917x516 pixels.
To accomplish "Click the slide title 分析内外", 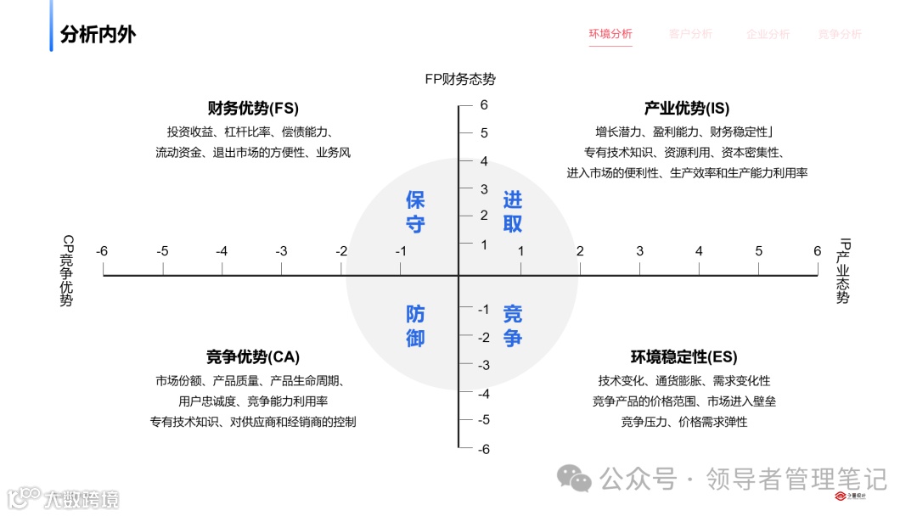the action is pyautogui.click(x=98, y=35).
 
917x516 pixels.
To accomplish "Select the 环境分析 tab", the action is pyautogui.click(x=610, y=34).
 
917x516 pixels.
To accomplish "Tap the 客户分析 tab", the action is pyautogui.click(x=690, y=34).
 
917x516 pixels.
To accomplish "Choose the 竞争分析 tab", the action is pyautogui.click(x=840, y=34).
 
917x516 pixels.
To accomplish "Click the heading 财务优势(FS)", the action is pyautogui.click(x=253, y=109).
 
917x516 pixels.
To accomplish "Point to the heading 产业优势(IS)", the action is pyautogui.click(x=687, y=109).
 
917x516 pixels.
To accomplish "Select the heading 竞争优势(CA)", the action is pyautogui.click(x=253, y=357).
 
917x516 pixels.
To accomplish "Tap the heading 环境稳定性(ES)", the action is pyautogui.click(x=684, y=357).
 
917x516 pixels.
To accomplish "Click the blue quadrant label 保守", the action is pyautogui.click(x=415, y=212).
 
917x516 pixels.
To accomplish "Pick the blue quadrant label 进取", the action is pyautogui.click(x=513, y=212).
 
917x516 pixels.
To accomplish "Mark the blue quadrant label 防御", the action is pyautogui.click(x=415, y=326).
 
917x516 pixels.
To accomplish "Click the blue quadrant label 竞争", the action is pyautogui.click(x=513, y=326).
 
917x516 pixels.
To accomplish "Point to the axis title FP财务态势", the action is pyautogui.click(x=460, y=79).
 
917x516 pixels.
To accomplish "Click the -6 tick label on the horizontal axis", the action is pyautogui.click(x=102, y=251).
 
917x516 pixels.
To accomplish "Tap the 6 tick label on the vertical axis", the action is pyautogui.click(x=484, y=106).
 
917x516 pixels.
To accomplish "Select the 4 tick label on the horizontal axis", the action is pyautogui.click(x=699, y=251).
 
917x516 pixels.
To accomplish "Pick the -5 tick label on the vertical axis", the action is pyautogui.click(x=482, y=420).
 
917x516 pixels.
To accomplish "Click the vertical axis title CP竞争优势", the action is pyautogui.click(x=66, y=271).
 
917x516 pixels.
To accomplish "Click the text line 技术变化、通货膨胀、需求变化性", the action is pyautogui.click(x=684, y=381).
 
